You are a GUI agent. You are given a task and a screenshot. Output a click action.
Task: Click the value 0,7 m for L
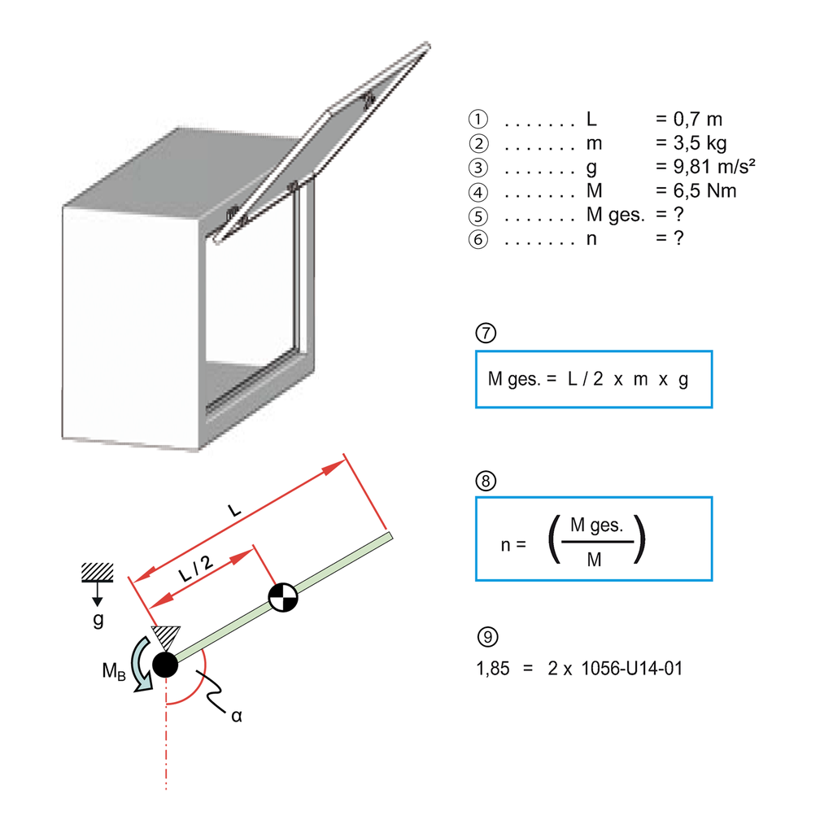(688, 120)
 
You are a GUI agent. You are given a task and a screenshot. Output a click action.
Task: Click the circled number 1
(478, 120)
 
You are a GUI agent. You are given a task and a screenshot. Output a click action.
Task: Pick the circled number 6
(478, 240)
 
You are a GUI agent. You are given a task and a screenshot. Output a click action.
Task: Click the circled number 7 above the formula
(485, 334)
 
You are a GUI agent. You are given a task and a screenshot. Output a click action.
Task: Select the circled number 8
(485, 481)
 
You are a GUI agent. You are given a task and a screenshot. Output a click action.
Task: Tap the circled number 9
(485, 635)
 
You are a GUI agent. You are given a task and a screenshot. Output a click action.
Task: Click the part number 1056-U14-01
(633, 669)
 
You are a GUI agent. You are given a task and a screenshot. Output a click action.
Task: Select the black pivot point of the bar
(164, 665)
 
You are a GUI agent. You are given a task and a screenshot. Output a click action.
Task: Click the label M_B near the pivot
(113, 671)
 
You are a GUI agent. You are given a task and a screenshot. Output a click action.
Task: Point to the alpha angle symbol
(237, 717)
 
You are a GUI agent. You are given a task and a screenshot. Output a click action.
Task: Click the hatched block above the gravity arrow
(97, 573)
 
